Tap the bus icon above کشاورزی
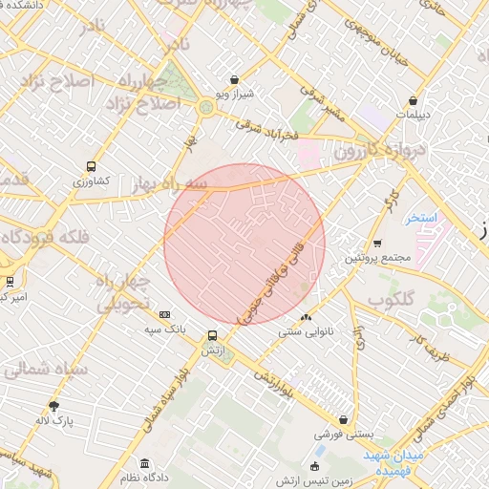click(91, 165)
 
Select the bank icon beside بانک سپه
click(165, 314)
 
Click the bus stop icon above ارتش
click(212, 336)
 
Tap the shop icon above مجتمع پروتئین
click(377, 243)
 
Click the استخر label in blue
click(420, 218)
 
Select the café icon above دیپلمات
click(413, 100)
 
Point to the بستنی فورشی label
click(342, 434)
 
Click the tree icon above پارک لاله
click(53, 405)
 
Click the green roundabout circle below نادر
click(207, 108)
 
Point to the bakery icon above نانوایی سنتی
click(305, 318)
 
